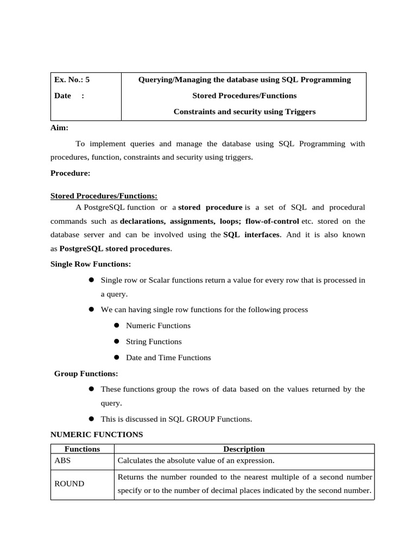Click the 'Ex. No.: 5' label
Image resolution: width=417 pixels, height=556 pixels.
(x=72, y=80)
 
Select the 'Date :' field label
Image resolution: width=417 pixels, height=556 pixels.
(x=69, y=96)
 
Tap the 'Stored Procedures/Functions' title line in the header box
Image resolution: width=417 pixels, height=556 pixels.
(x=244, y=96)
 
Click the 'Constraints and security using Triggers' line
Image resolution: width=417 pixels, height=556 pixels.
(x=244, y=112)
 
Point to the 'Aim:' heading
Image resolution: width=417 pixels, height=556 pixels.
(x=60, y=128)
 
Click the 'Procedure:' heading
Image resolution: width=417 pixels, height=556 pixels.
(x=70, y=173)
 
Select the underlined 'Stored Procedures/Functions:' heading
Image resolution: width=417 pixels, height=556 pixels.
(x=104, y=196)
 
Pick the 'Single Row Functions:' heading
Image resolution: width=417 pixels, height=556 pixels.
(x=91, y=264)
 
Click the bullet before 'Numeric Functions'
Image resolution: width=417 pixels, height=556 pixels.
(x=116, y=325)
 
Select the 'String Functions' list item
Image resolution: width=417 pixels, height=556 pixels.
(x=154, y=342)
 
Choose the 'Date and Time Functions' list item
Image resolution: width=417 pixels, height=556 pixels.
(x=168, y=358)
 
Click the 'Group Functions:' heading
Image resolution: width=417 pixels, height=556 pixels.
(x=86, y=374)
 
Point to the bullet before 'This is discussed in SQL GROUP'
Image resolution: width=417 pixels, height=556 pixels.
(x=91, y=419)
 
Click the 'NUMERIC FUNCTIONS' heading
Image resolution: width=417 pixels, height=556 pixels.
(x=97, y=434)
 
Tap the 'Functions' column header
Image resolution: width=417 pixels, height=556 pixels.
(x=82, y=449)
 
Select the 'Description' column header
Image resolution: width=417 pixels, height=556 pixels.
(x=244, y=449)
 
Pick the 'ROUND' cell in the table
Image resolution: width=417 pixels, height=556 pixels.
(x=69, y=484)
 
